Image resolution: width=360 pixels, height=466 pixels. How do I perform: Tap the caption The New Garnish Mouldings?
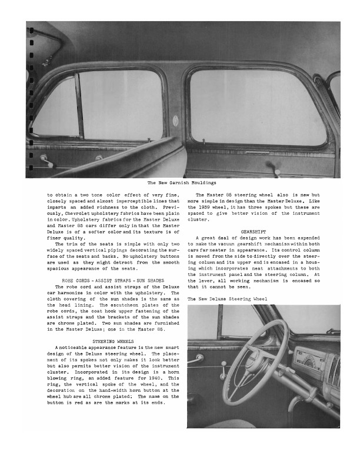click(182, 183)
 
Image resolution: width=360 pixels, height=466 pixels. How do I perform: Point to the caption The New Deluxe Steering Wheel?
click(227, 299)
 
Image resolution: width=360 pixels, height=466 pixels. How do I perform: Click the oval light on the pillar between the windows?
click(176, 120)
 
